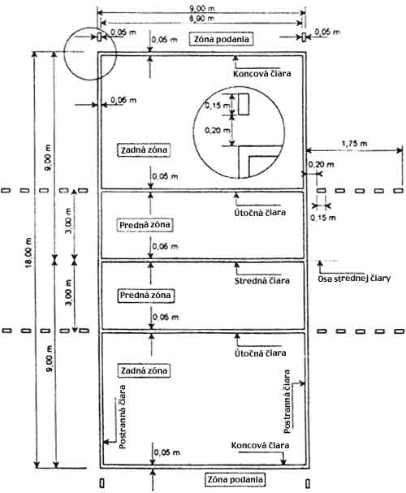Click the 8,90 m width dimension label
(201, 19)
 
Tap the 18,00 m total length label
(28, 253)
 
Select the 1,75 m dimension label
(354, 144)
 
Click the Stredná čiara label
(262, 280)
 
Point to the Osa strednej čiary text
(354, 279)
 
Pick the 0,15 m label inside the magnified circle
(218, 106)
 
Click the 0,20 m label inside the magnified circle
(218, 130)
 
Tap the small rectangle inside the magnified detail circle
(244, 104)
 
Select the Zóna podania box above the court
(221, 39)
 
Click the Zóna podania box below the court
(235, 479)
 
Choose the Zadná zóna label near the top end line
(144, 149)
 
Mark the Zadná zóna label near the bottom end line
(144, 370)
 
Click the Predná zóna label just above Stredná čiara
(145, 225)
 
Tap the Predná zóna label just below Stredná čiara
(145, 296)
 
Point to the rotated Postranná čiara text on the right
(287, 401)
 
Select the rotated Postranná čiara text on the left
(123, 417)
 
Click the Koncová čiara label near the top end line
(262, 74)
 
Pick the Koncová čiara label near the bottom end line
(260, 445)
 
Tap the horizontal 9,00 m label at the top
(201, 8)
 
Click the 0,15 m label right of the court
(323, 218)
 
